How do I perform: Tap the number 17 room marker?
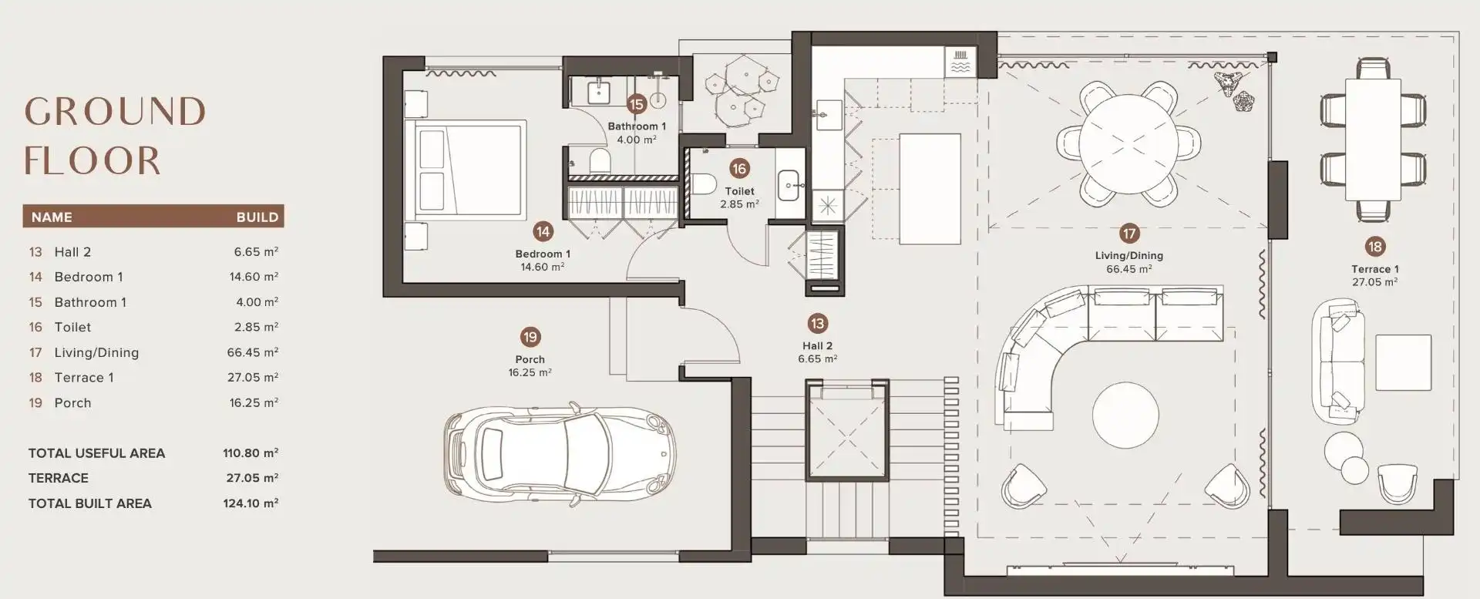point(1129,234)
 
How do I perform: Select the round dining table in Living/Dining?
point(1128,143)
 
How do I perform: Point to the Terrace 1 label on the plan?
point(1375,269)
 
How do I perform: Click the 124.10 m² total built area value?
point(251,503)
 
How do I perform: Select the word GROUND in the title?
point(115,112)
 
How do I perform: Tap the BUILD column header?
point(257,217)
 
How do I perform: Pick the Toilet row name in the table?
point(72,327)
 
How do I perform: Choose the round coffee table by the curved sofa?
point(1125,416)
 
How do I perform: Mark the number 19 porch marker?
point(530,337)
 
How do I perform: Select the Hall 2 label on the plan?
point(817,346)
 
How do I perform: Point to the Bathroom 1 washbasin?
point(600,93)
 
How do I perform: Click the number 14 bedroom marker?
point(543,231)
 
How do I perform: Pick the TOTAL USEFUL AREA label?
point(96,453)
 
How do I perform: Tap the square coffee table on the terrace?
point(1403,362)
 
